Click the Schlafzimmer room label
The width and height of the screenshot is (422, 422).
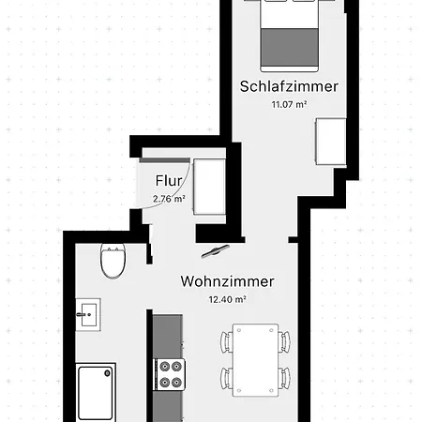click(x=289, y=86)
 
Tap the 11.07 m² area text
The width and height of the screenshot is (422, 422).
click(x=289, y=104)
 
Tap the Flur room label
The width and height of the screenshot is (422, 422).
click(x=169, y=181)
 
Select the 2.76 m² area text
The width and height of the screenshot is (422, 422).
click(x=169, y=198)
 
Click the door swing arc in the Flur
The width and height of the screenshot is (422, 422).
click(x=184, y=192)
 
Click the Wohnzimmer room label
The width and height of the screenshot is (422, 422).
click(x=227, y=281)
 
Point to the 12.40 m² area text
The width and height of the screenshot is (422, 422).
click(x=227, y=299)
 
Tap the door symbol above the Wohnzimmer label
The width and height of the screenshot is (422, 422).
click(x=215, y=251)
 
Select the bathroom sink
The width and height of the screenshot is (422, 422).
click(x=89, y=312)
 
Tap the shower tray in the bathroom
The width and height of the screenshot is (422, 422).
click(x=97, y=392)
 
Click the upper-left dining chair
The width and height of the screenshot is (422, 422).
click(x=225, y=340)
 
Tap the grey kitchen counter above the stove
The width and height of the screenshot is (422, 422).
click(x=167, y=335)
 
